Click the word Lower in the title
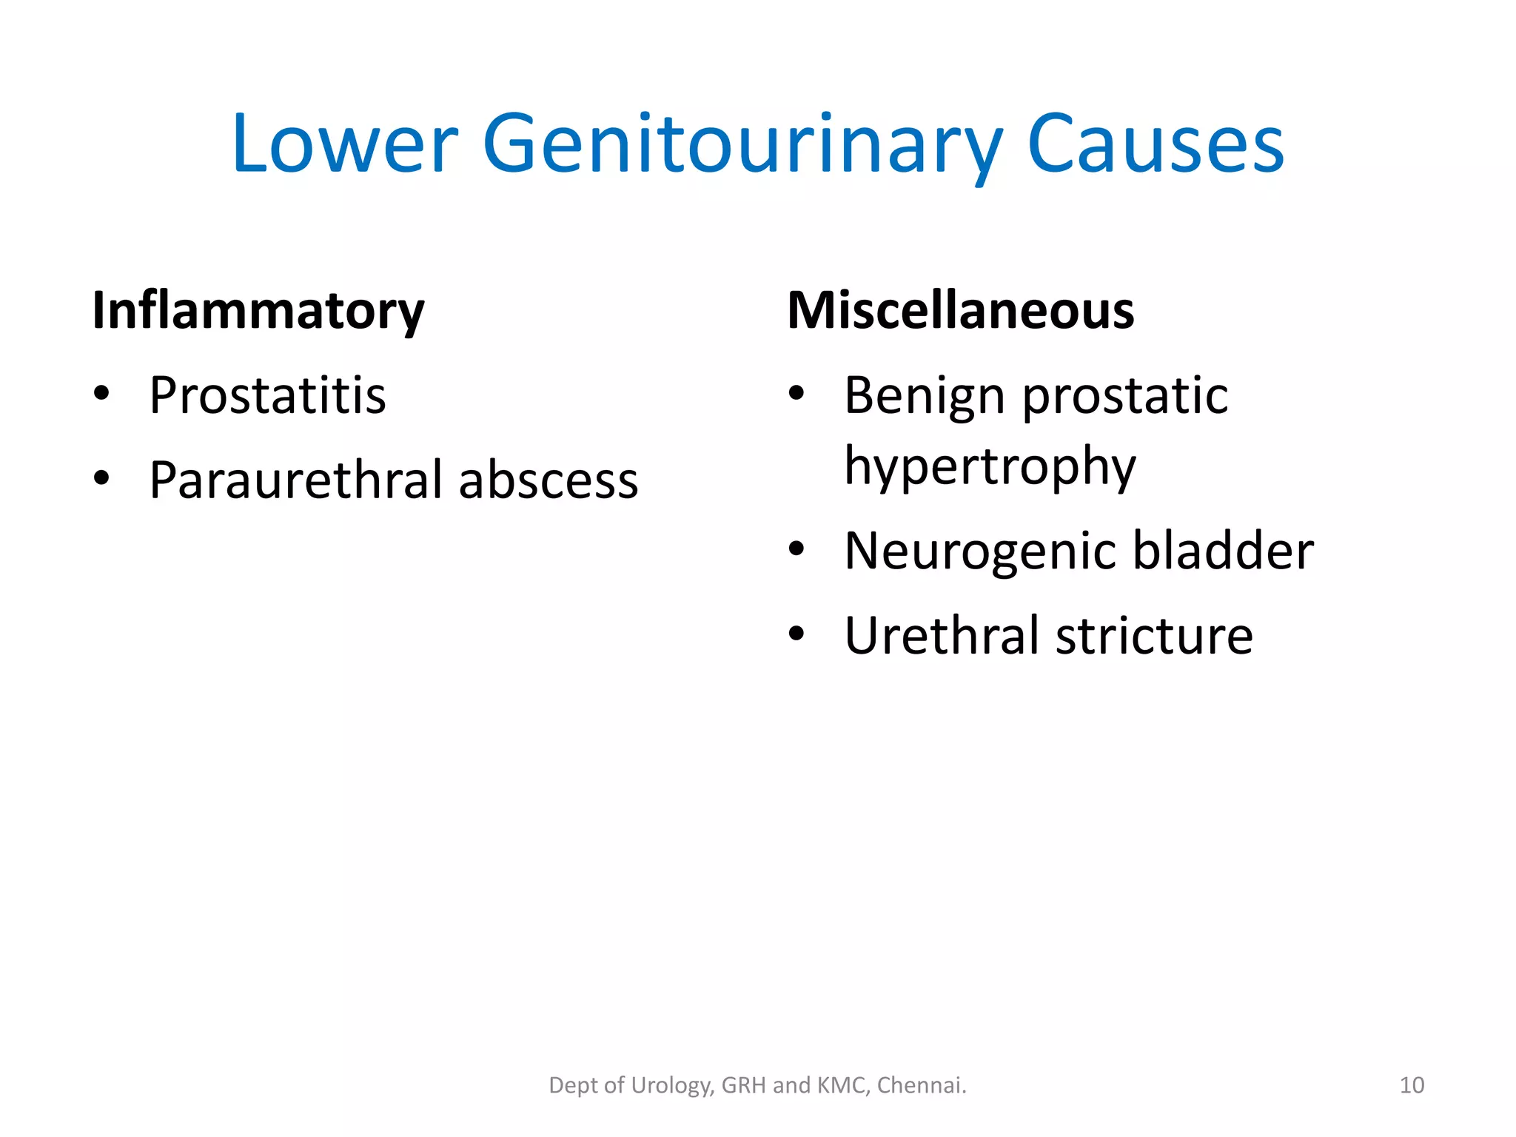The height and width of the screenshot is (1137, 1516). tap(345, 144)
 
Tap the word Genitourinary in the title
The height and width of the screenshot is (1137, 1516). tap(742, 145)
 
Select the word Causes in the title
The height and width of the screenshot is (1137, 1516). tap(1156, 144)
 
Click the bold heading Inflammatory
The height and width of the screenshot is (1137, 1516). tap(258, 311)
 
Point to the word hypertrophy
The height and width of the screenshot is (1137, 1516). tap(990, 466)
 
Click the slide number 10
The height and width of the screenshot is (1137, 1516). tap(1412, 1085)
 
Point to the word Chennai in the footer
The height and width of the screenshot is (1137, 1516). tap(921, 1085)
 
